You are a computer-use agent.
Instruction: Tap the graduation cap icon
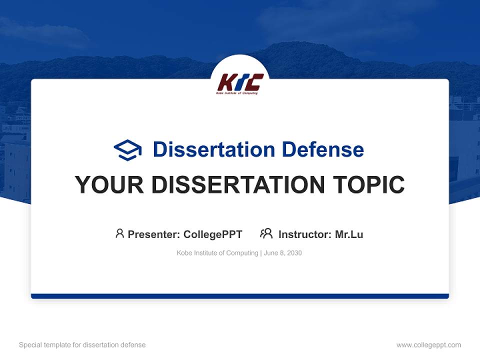(127, 150)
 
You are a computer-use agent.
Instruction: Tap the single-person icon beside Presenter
(119, 233)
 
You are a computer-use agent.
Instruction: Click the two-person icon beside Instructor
(266, 233)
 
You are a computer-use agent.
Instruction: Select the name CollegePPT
(212, 234)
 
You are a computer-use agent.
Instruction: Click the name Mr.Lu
(349, 234)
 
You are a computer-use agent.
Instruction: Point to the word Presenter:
(154, 234)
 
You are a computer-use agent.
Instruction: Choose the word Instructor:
(305, 234)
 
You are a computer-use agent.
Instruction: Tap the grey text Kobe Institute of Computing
(217, 253)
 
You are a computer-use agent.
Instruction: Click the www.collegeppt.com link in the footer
(428, 345)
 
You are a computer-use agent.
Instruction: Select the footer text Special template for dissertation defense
(82, 345)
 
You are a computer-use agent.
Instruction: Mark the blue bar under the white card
(240, 296)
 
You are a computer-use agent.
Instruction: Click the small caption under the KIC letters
(237, 93)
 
